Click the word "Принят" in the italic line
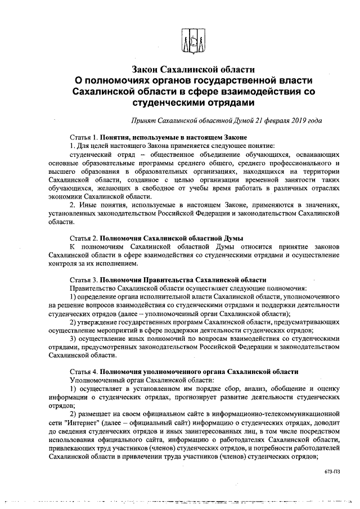143,120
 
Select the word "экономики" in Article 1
67,196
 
